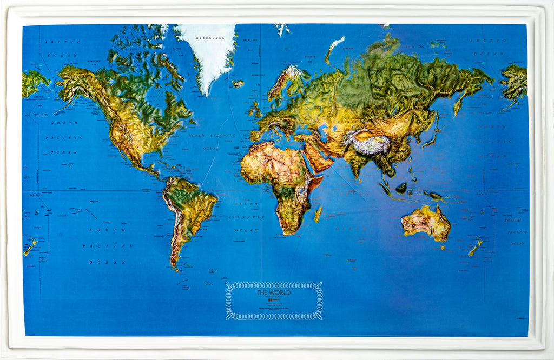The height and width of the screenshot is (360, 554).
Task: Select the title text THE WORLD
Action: click(274, 292)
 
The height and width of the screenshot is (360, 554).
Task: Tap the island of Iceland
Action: click(238, 84)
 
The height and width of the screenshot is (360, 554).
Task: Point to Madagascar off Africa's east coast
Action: click(318, 213)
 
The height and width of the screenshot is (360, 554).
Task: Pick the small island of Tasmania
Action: click(442, 248)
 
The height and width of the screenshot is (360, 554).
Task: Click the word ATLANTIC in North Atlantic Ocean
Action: click(223, 135)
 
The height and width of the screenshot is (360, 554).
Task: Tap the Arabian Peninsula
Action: click(316, 157)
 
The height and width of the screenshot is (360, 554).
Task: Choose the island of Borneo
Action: click(401, 188)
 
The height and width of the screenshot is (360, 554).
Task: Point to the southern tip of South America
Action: click(174, 266)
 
